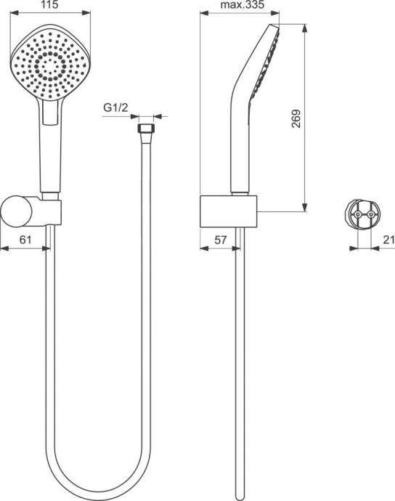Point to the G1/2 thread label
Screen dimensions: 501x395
coord(115,108)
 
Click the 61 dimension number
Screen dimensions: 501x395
coord(24,240)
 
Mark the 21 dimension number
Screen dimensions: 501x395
coord(388,240)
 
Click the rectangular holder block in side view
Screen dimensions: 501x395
coord(229,211)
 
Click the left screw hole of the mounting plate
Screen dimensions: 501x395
coord(355,214)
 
